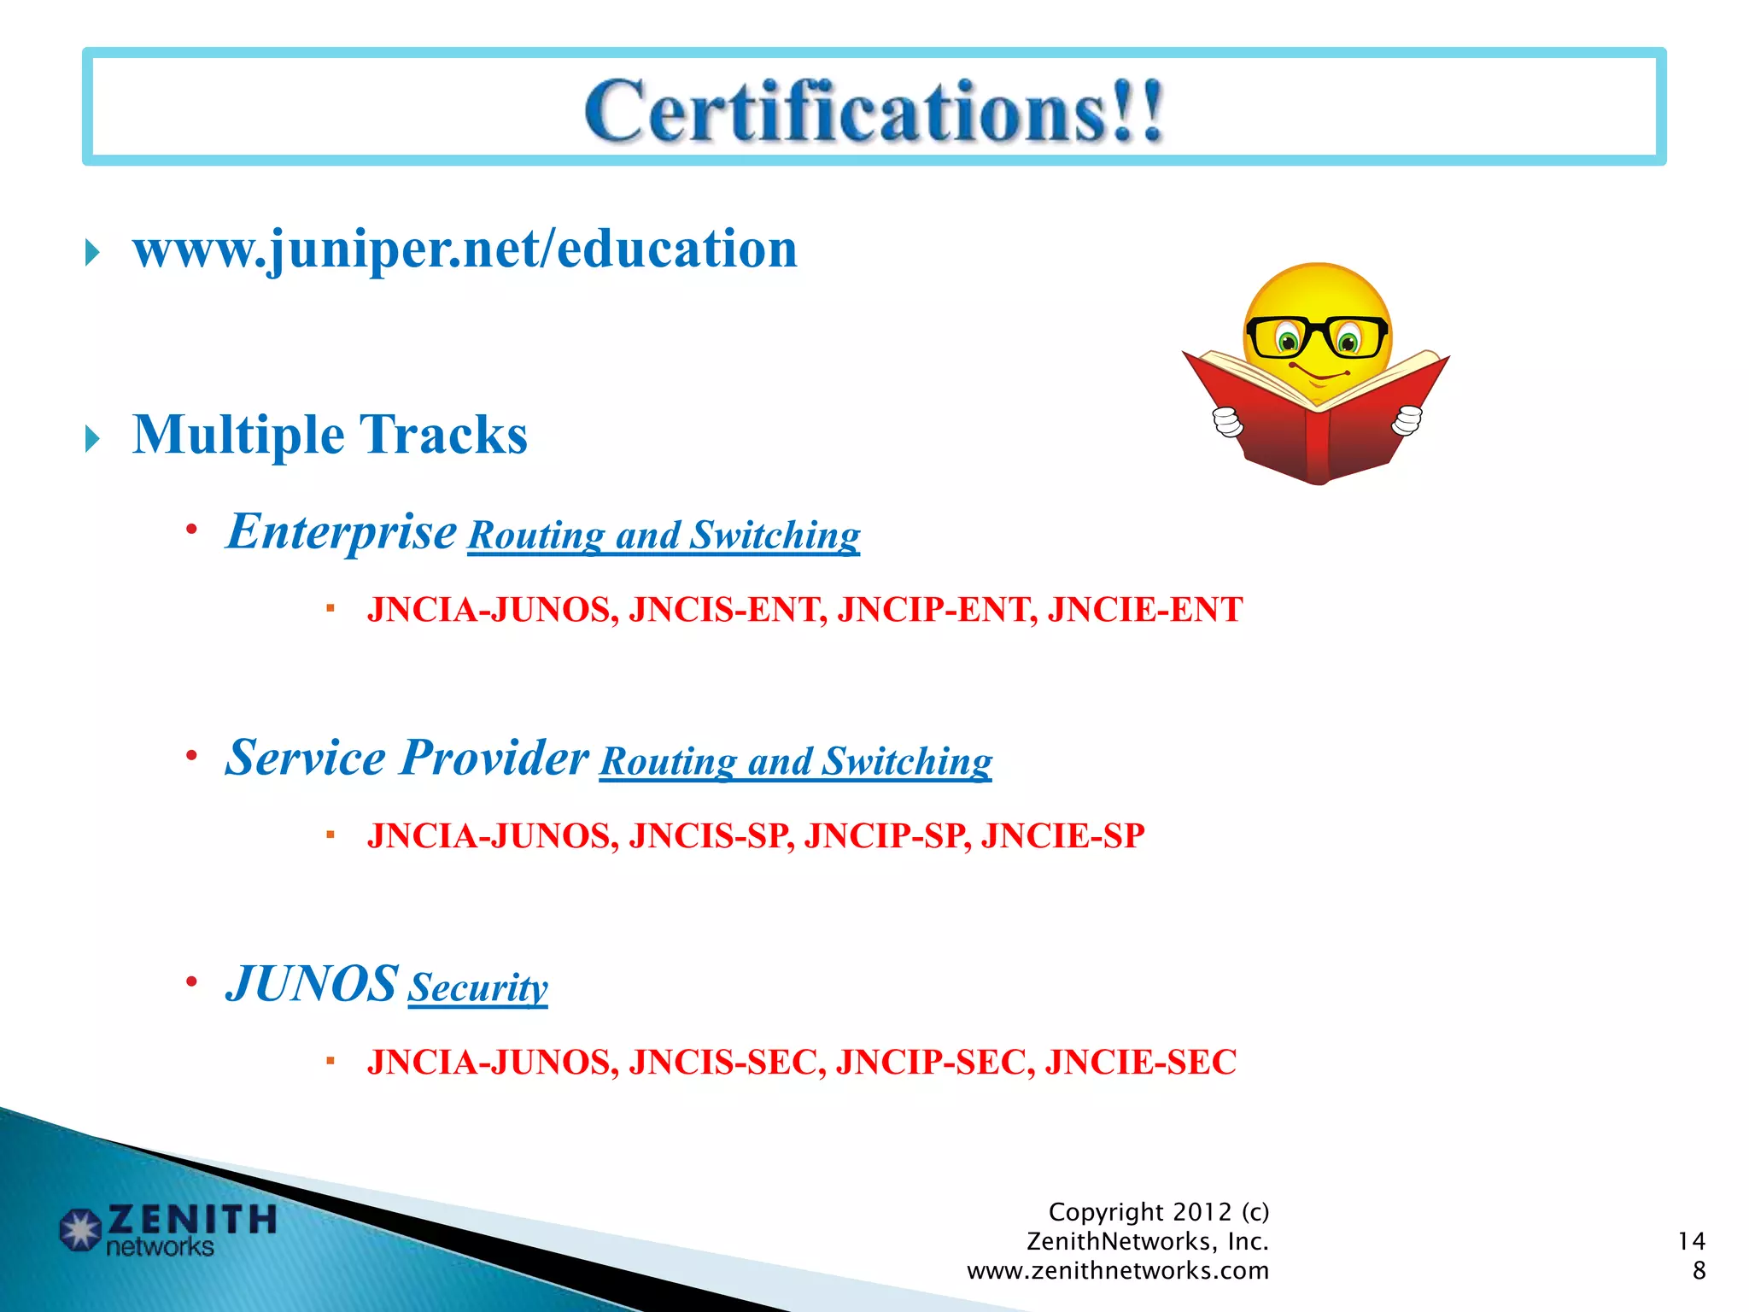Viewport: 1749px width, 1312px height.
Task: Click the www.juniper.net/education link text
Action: (x=465, y=249)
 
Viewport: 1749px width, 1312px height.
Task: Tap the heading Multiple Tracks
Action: (x=330, y=435)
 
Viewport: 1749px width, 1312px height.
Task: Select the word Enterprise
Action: (x=342, y=531)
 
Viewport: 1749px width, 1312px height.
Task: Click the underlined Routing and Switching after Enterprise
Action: (x=664, y=536)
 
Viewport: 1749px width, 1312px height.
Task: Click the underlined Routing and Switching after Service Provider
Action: (x=795, y=761)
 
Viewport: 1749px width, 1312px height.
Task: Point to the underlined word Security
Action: (x=477, y=987)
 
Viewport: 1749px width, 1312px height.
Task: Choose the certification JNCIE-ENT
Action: (x=1144, y=610)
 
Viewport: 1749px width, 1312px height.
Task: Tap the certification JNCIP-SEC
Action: (x=935, y=1063)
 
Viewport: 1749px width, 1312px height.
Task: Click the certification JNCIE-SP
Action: (x=1062, y=836)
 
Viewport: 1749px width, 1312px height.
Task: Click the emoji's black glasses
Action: (x=1317, y=337)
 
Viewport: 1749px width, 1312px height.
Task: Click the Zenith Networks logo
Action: (x=167, y=1229)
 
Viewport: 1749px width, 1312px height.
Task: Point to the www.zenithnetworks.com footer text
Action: (x=1117, y=1271)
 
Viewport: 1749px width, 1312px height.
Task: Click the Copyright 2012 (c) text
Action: (x=1158, y=1212)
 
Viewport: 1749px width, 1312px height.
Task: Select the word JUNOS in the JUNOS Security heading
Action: (x=312, y=984)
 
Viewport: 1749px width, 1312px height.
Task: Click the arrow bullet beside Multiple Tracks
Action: (x=93, y=439)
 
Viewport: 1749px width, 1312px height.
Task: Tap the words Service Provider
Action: (x=407, y=758)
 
